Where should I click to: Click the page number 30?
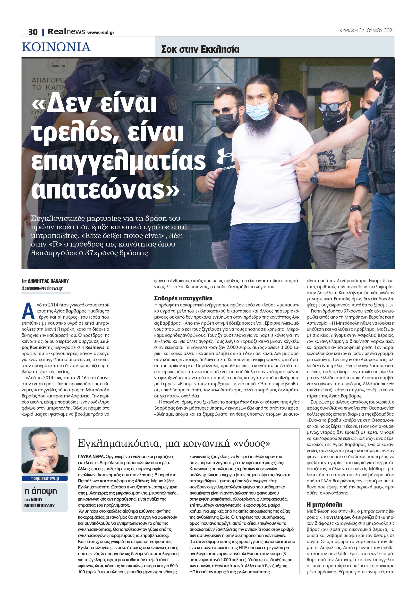33,32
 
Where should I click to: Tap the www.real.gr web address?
101,33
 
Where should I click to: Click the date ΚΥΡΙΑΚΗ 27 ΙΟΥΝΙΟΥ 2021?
366,31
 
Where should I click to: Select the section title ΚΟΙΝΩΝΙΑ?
56,47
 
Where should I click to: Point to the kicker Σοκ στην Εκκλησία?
200,49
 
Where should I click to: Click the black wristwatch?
314,178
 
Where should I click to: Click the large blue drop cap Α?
28,311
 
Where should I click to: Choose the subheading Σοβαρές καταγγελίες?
183,298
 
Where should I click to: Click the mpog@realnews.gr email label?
45,478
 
